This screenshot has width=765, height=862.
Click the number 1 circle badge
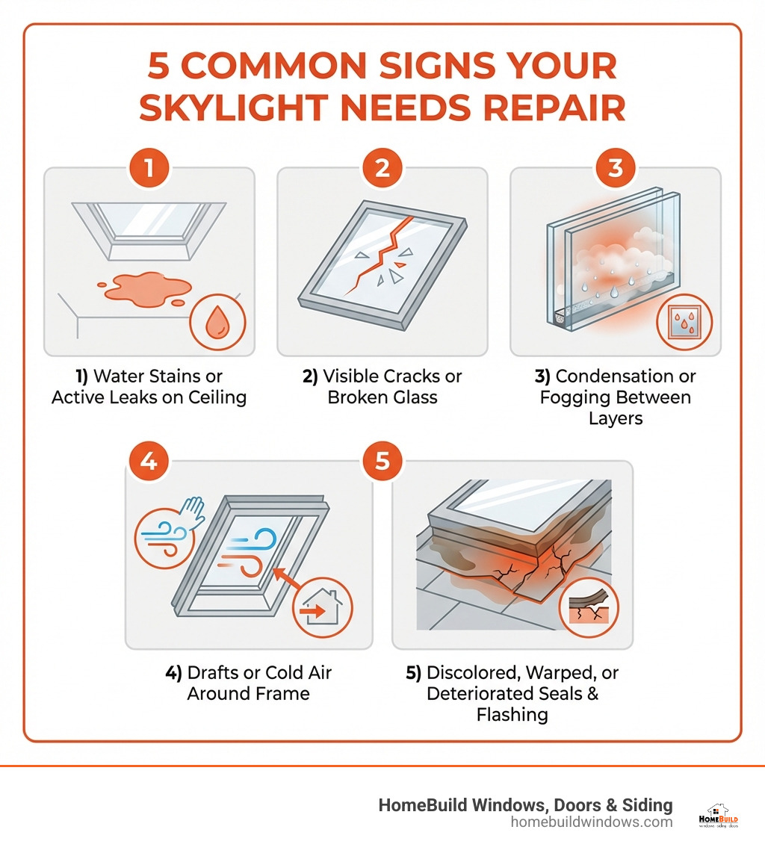pos(149,168)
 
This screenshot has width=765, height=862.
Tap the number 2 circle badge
pos(382,168)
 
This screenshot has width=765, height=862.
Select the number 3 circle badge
pos(616,168)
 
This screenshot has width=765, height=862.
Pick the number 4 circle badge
pos(149,461)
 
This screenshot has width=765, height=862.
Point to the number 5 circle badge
pos(382,461)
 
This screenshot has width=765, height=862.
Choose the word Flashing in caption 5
pos(512,715)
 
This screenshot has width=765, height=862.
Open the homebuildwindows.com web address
pos(592,822)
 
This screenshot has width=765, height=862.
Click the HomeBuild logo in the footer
pos(718,816)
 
